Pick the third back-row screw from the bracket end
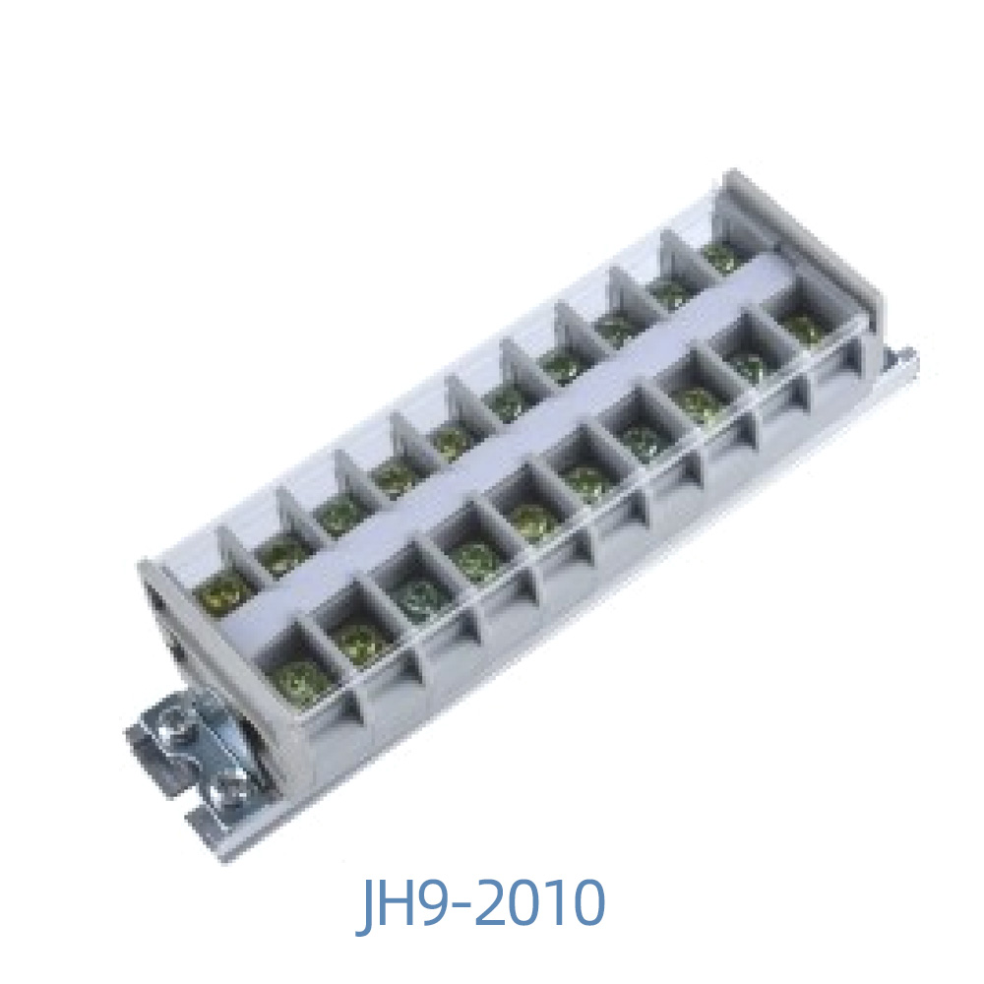[x=339, y=513]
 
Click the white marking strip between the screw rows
[x=492, y=443]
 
